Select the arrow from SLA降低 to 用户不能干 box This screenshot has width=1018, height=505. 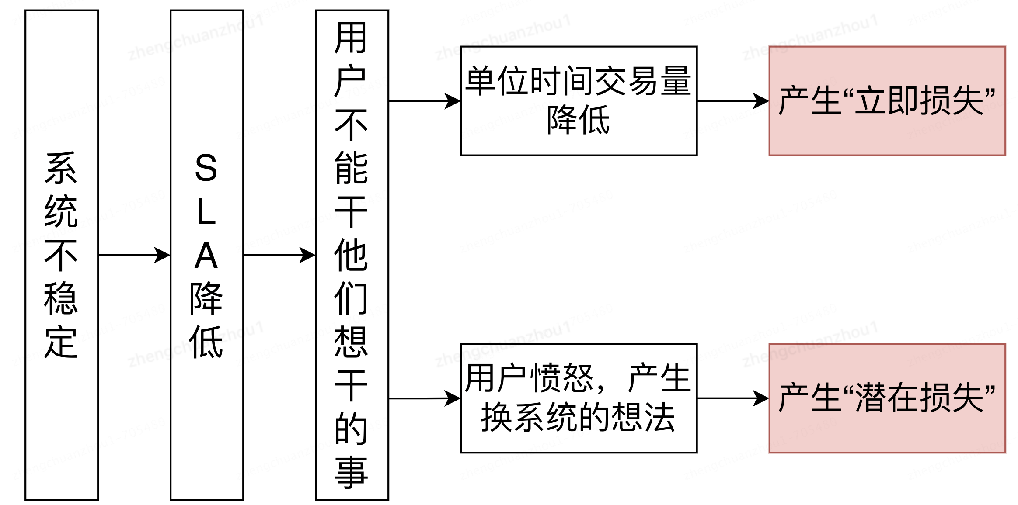279,255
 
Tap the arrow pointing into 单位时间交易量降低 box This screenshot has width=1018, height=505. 424,101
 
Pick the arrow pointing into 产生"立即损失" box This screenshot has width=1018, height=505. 733,101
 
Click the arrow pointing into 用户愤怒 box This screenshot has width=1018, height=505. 424,398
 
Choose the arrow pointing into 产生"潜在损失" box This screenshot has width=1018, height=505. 733,398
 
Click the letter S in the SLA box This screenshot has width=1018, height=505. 206,168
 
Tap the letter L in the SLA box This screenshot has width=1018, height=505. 206,212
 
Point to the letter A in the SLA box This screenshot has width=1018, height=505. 206,256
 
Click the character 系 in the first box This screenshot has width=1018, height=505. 61,168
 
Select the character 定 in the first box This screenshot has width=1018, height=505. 61,342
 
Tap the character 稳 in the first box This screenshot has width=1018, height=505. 61,299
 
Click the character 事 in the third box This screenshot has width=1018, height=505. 351,473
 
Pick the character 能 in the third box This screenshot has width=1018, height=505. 351,168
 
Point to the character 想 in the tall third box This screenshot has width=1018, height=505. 351,342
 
